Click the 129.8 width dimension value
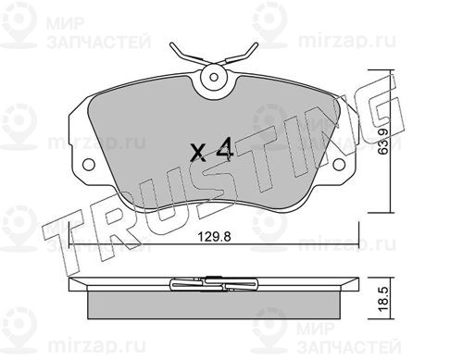[214, 237]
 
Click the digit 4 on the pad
[224, 149]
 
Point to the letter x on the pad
[198, 154]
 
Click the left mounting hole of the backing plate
[89, 164]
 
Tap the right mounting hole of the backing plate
[340, 164]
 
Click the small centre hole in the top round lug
[214, 77]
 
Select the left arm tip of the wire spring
[171, 45]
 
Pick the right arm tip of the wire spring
[256, 45]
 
